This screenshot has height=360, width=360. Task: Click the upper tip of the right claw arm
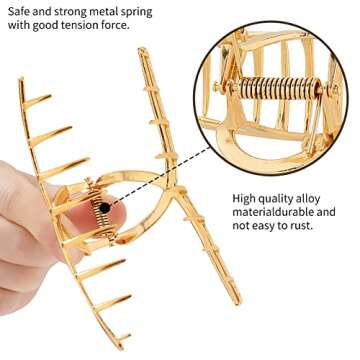coord(143,53)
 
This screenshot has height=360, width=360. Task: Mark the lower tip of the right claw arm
coord(236,301)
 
